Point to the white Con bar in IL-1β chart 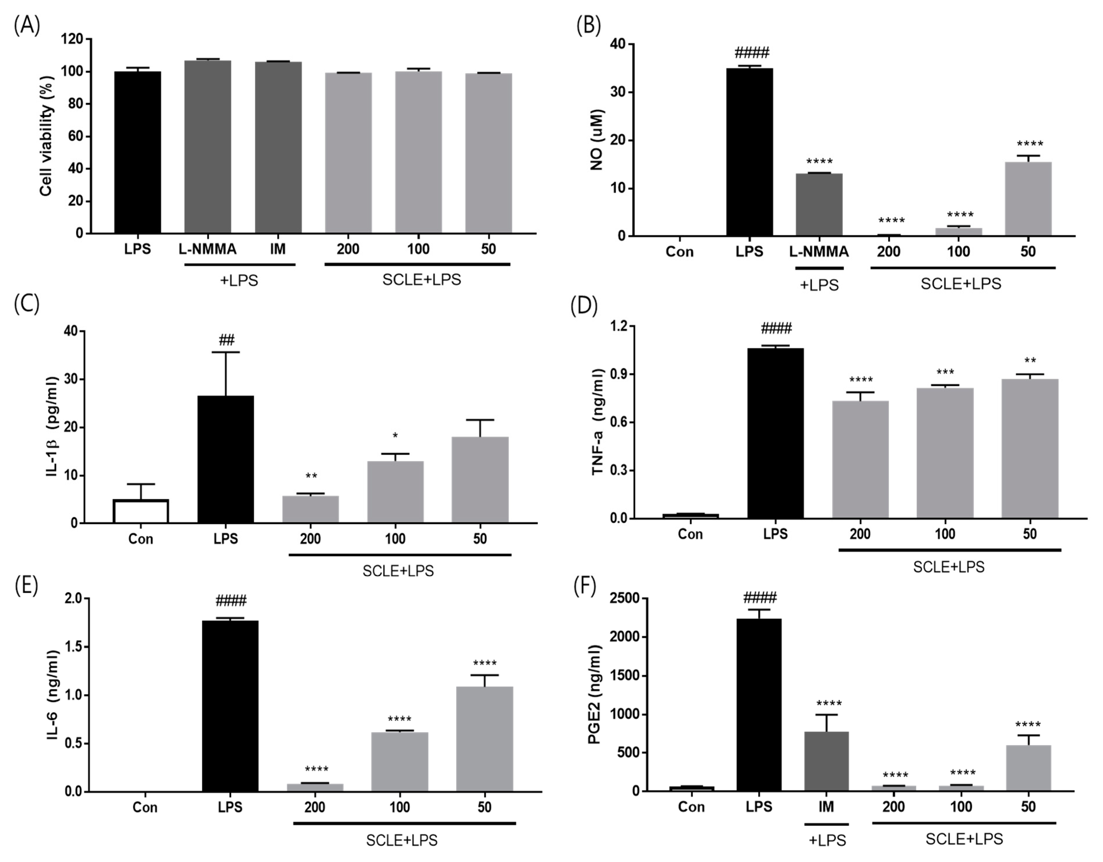141,511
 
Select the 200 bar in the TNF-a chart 860,459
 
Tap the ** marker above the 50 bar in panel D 1030,361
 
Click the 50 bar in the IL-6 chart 484,738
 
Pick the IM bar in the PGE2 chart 826,761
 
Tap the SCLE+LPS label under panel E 402,840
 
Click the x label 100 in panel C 395,539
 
